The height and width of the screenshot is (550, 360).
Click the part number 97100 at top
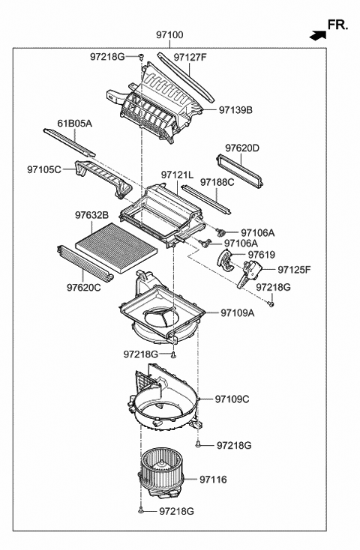point(169,34)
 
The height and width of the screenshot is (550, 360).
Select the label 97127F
point(190,56)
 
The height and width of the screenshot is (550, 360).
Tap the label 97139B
point(235,110)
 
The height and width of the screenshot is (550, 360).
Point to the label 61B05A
point(74,124)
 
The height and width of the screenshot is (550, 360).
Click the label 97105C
point(44,170)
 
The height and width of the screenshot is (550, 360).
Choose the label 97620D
point(242,148)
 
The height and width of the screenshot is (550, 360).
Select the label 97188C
point(217,181)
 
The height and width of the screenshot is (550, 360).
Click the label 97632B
point(91,216)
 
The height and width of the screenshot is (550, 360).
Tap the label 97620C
point(83,287)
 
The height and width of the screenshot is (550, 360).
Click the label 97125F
point(294,269)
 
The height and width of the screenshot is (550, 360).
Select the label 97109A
point(237,313)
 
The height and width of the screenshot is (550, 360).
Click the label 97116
point(212,479)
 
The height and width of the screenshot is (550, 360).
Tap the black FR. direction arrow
point(316,34)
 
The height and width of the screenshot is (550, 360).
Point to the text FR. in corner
point(338,25)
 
